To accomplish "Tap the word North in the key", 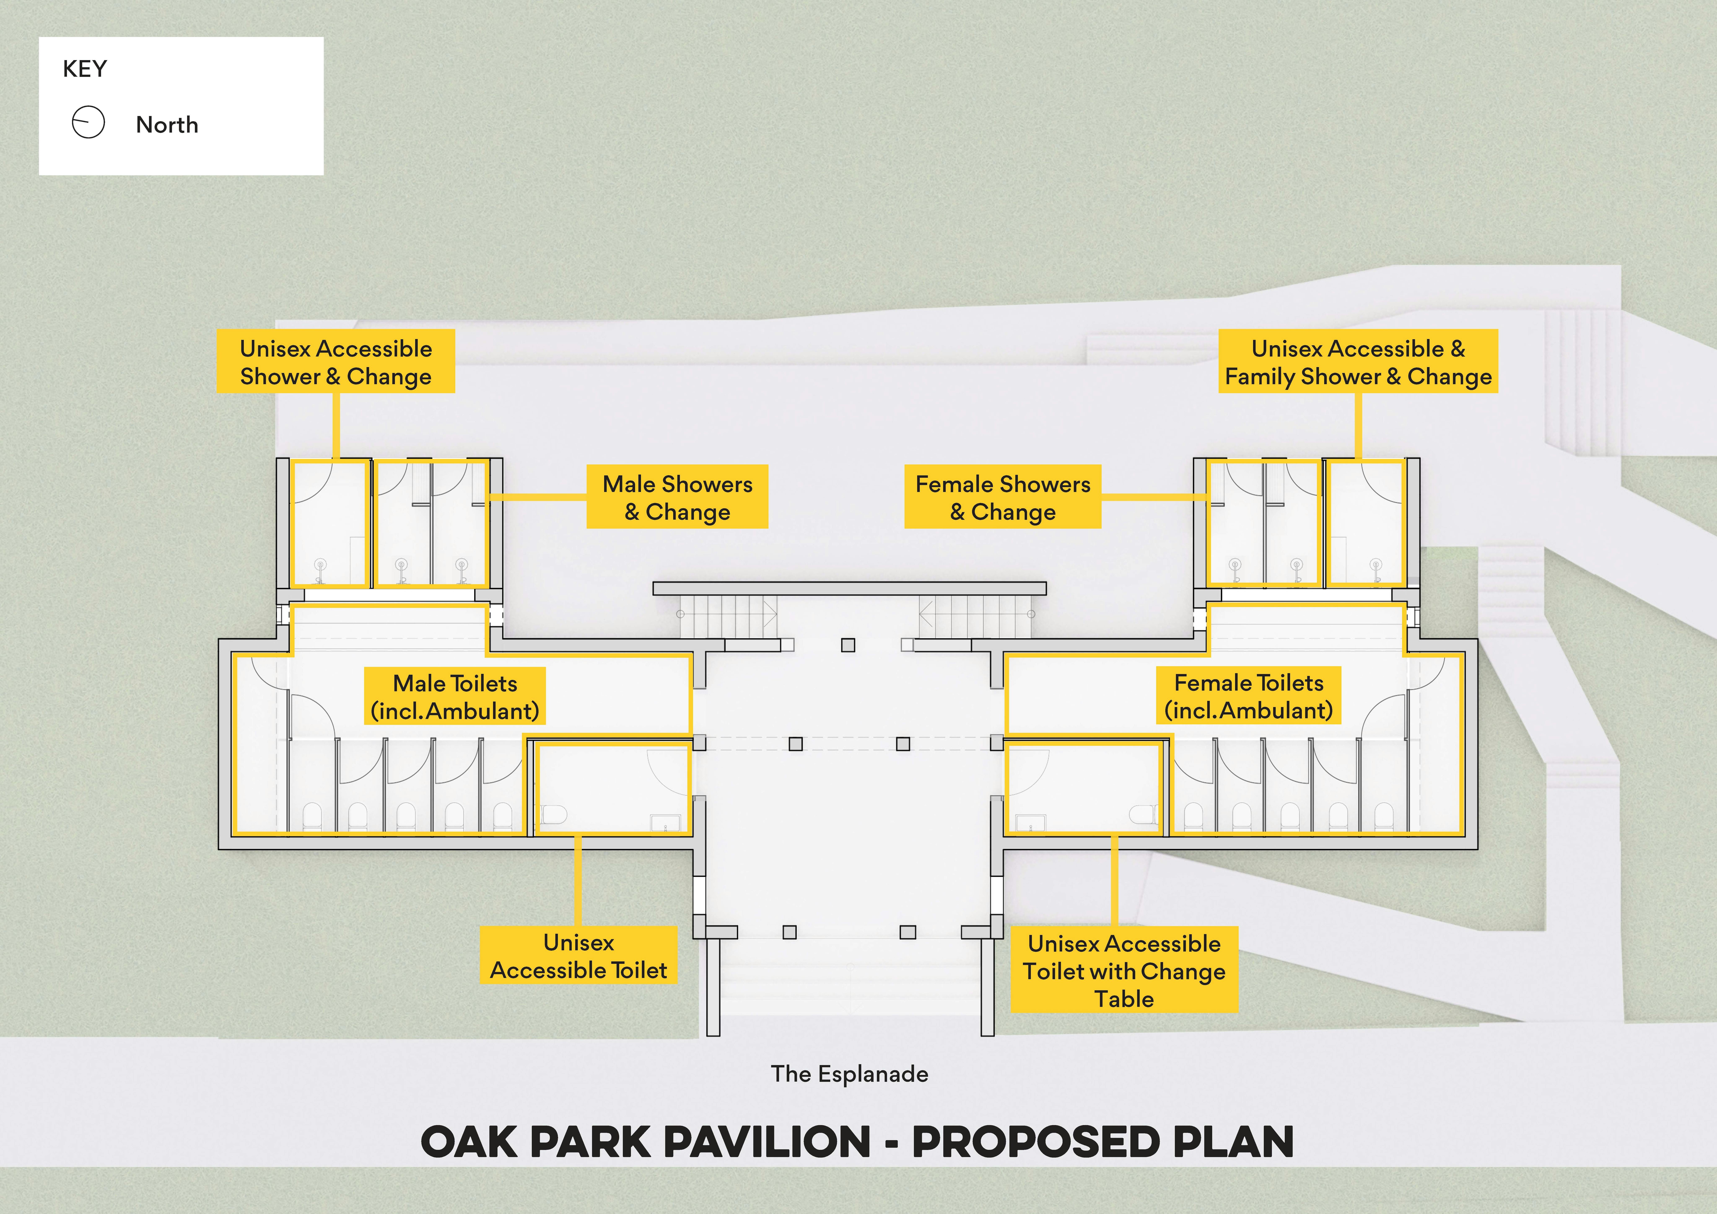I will (167, 125).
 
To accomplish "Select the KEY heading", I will (84, 69).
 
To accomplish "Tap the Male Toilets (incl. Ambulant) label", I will (455, 697).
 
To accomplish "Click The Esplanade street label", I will (849, 1074).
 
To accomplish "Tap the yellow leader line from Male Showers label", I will (537, 496).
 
